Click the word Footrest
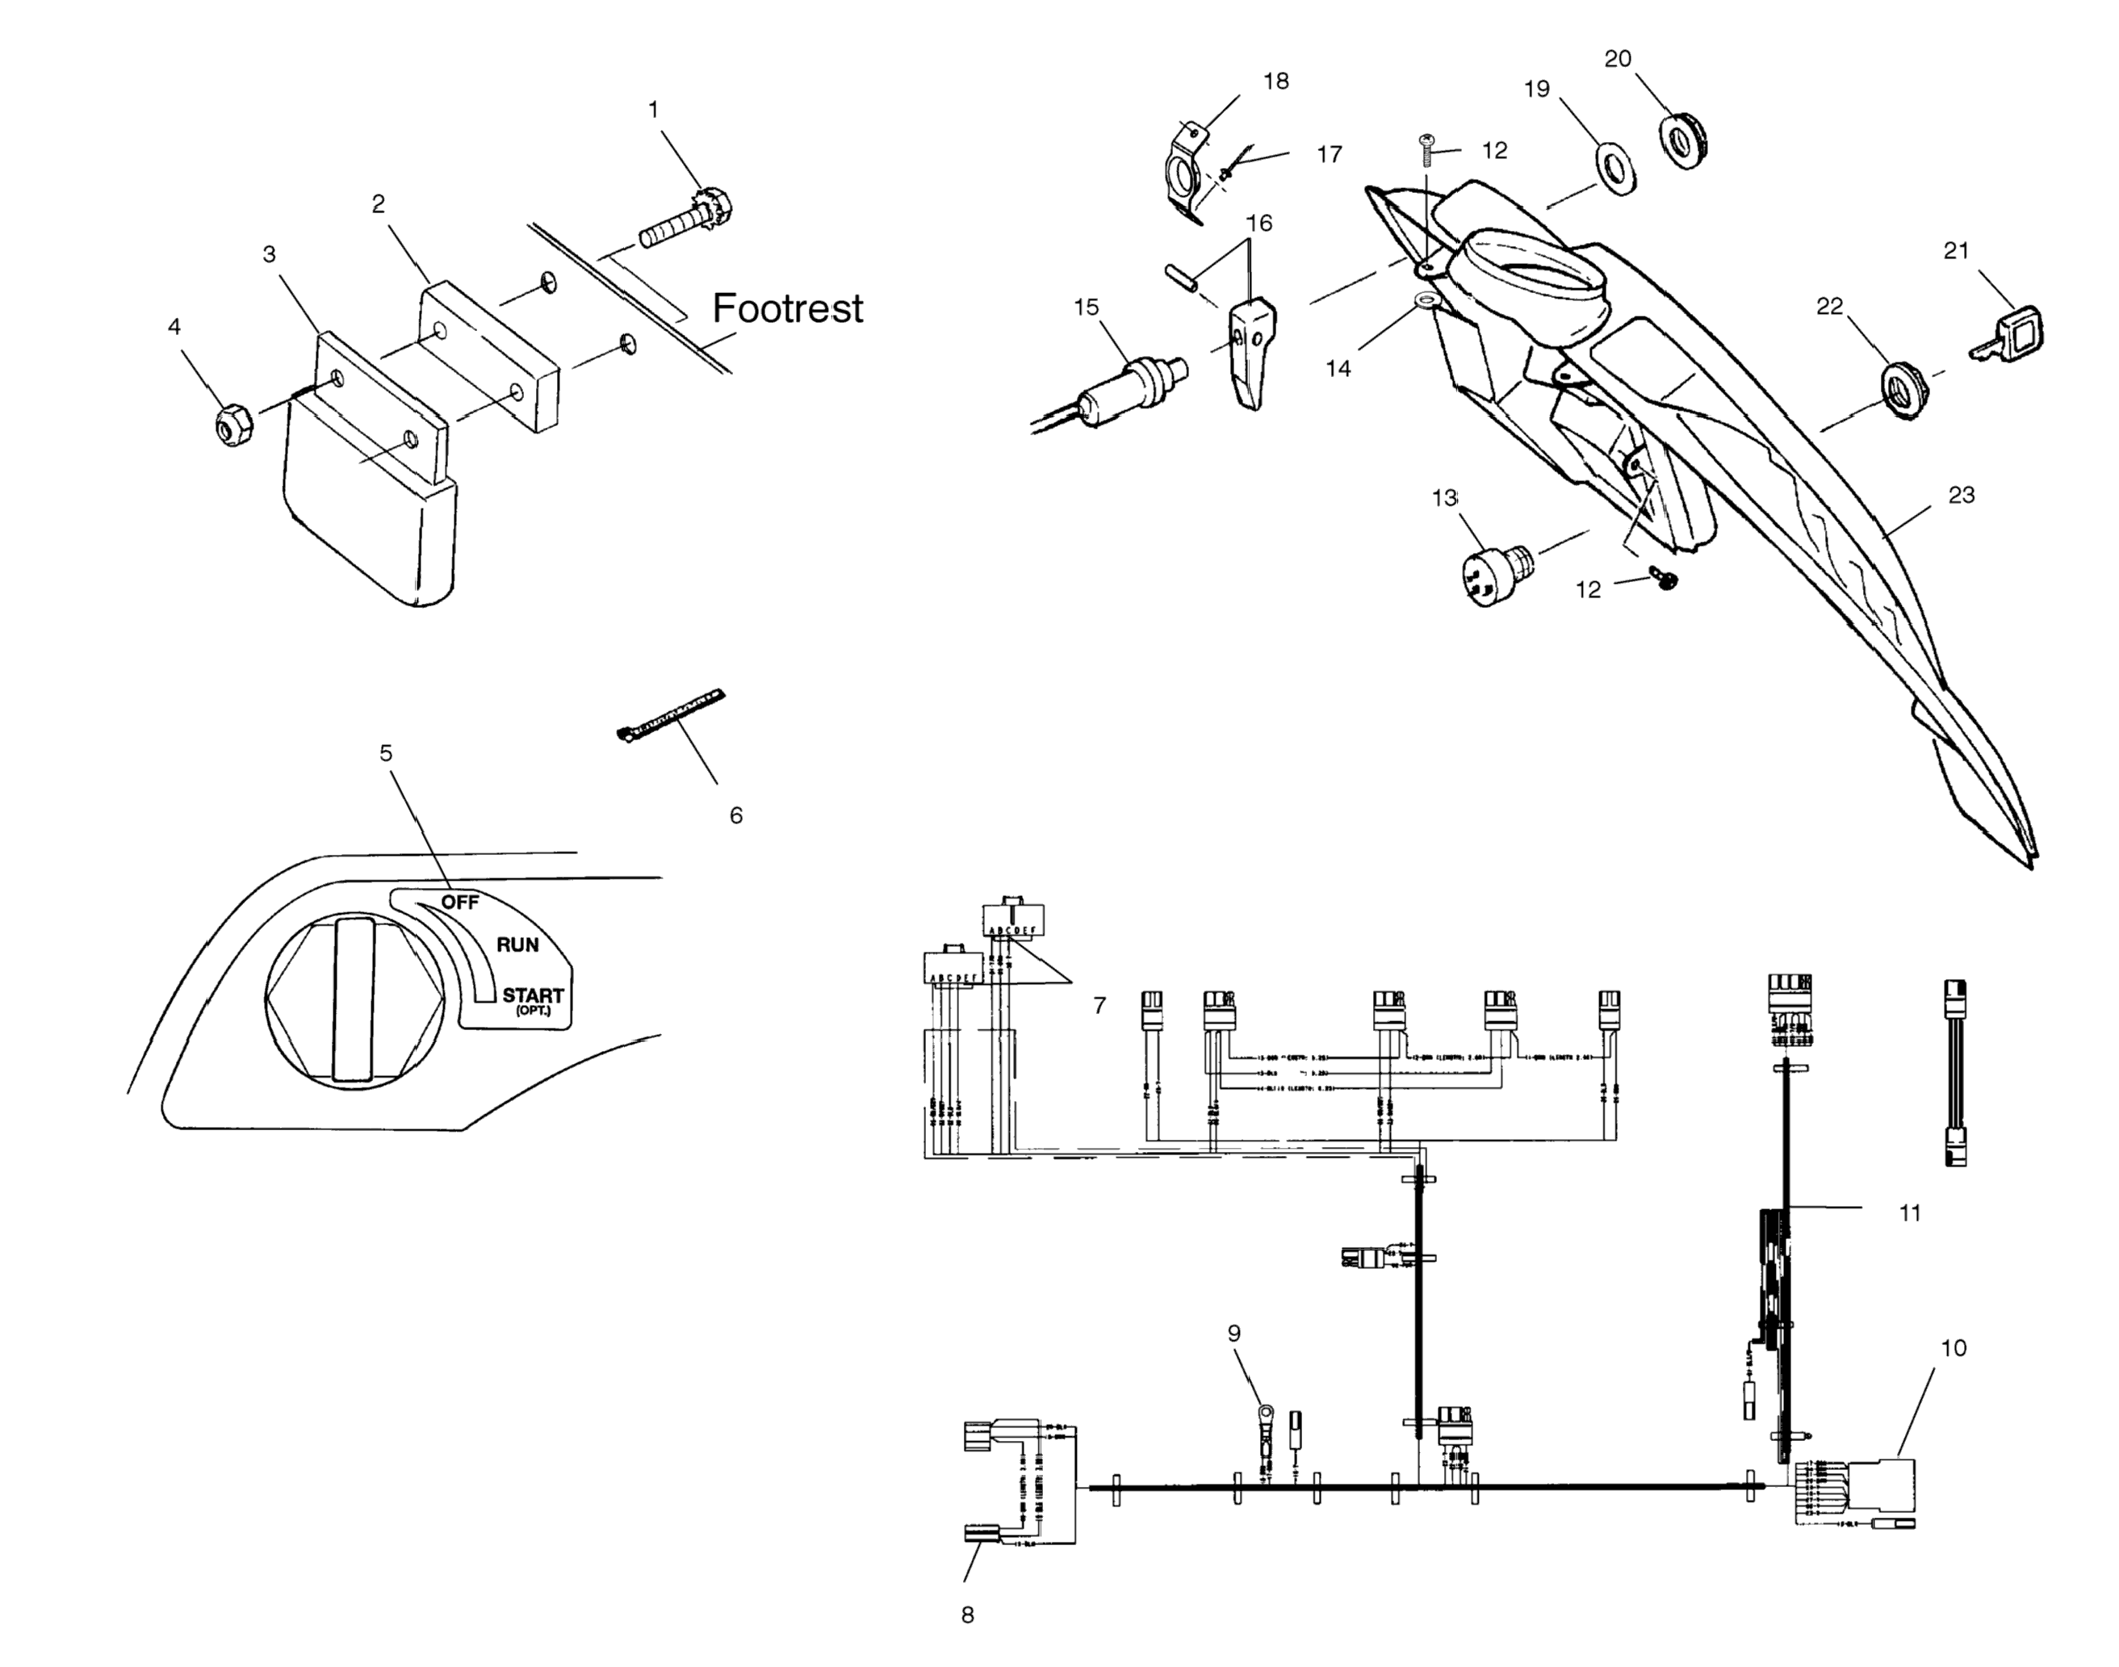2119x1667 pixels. pos(787,308)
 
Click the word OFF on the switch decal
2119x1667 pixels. pos(459,902)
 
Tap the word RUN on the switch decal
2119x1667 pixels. pos(517,944)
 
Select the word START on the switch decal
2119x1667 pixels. pos(533,995)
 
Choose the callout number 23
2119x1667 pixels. pos(1961,495)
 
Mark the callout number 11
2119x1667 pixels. pos(1909,1213)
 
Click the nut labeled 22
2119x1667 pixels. pos(1899,391)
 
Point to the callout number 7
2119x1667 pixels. pos(1099,1005)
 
